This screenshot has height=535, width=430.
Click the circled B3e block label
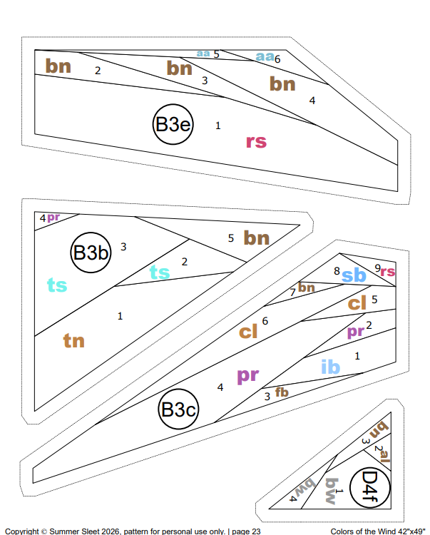point(173,124)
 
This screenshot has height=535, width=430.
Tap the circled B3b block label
point(91,253)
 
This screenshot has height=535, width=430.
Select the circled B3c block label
point(178,409)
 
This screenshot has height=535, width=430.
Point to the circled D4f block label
point(370,487)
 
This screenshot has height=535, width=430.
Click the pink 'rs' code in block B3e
point(256,142)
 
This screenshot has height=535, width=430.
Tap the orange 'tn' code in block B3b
point(74,340)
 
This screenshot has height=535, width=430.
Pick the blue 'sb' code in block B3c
point(354,275)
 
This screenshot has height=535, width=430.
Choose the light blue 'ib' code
point(330,367)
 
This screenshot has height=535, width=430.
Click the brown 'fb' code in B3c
point(282,392)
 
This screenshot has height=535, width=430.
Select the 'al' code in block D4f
point(385,456)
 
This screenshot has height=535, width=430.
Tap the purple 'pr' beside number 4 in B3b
point(53,217)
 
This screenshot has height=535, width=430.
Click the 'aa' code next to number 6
point(265,56)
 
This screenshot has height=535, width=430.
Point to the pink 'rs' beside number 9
point(388,272)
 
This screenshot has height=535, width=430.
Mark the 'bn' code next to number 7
point(306,287)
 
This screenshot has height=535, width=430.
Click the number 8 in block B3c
point(337,271)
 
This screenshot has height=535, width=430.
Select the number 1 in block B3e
point(218,126)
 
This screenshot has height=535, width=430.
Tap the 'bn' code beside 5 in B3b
point(257,238)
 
